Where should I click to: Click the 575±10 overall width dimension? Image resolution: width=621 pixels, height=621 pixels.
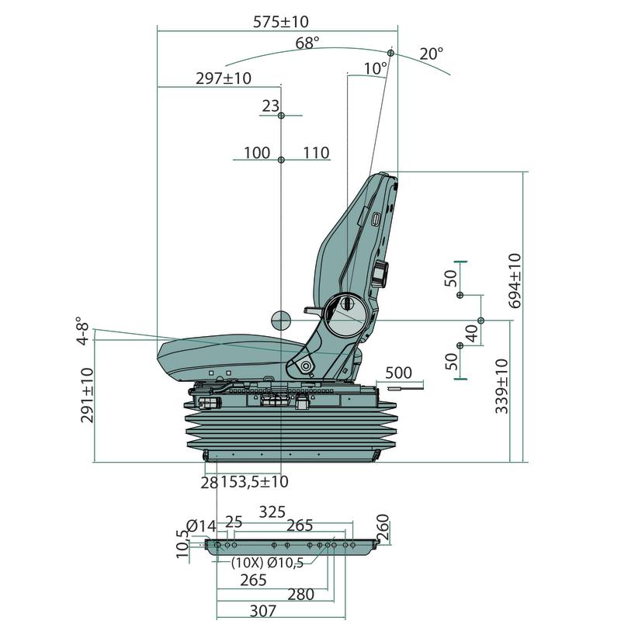(x=286, y=22)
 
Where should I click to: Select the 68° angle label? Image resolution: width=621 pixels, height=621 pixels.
(x=307, y=43)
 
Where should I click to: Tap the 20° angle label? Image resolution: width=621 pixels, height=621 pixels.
(x=432, y=54)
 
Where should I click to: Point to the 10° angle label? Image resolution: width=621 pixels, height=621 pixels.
(x=375, y=69)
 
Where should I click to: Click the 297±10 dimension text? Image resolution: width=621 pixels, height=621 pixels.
(x=224, y=78)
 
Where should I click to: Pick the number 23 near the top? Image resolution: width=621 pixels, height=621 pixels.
(x=269, y=107)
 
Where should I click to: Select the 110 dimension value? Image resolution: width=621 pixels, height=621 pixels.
(x=316, y=153)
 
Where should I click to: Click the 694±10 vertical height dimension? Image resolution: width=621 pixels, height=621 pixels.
(x=515, y=280)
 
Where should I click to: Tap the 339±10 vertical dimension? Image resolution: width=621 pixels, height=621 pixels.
(x=502, y=386)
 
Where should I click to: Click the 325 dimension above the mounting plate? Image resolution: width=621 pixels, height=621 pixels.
(x=272, y=512)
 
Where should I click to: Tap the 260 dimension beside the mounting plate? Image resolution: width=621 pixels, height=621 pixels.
(x=382, y=529)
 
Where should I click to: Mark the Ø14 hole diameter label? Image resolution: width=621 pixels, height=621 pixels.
(x=201, y=526)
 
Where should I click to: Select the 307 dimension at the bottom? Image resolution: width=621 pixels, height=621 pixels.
(x=263, y=611)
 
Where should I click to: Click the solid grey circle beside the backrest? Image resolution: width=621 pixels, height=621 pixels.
(x=281, y=318)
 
